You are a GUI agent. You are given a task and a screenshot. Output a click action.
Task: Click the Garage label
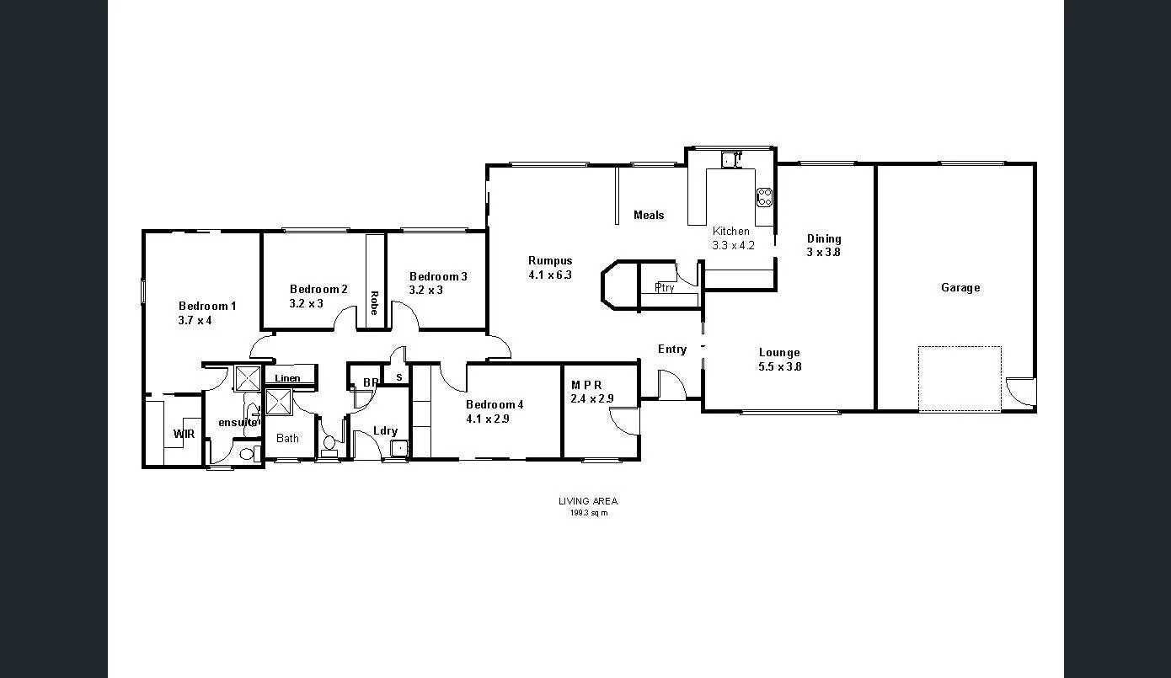960,288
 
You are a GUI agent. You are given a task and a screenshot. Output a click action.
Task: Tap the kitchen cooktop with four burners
765,197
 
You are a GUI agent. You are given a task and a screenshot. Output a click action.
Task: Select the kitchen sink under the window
730,159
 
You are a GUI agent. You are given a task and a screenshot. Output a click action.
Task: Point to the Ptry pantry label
665,288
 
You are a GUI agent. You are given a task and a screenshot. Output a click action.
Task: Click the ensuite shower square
247,378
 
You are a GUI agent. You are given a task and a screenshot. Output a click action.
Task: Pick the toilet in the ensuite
247,454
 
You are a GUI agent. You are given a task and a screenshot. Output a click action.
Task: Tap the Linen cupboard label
287,378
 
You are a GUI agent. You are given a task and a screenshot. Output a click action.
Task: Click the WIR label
184,435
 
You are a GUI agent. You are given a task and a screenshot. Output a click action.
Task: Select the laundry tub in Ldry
398,448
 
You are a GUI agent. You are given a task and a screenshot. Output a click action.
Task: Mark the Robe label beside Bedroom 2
374,302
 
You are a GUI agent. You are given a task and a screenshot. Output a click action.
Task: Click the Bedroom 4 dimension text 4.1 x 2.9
488,419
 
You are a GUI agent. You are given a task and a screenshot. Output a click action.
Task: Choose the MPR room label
586,385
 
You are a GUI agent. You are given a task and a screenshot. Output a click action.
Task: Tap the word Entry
671,350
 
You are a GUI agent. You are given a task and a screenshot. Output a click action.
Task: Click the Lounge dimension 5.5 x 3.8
779,366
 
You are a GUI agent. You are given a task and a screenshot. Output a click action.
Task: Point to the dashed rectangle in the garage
960,378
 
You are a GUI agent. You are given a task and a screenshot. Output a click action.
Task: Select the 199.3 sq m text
588,512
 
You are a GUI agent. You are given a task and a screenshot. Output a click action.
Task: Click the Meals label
649,216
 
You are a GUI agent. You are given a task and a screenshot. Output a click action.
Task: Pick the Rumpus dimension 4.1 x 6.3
550,275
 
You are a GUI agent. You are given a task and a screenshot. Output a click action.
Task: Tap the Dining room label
823,239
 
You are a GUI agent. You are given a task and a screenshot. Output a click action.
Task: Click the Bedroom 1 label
207,307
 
